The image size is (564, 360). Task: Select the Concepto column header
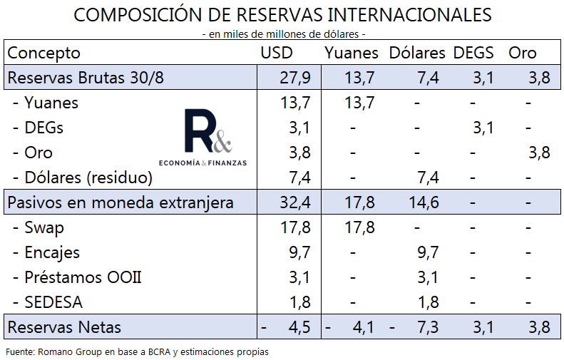click(43, 53)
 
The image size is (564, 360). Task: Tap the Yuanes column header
click(352, 53)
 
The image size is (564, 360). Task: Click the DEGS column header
click(474, 53)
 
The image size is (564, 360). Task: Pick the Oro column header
click(523, 53)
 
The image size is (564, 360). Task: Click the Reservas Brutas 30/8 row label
click(85, 78)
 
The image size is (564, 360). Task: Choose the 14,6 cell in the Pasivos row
click(424, 202)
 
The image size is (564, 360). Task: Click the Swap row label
click(43, 227)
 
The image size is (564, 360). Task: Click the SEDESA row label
click(53, 302)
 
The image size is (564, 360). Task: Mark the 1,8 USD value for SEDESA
click(299, 302)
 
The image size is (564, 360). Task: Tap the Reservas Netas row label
click(64, 327)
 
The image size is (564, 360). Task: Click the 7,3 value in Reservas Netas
click(428, 327)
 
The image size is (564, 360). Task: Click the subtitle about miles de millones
click(283, 34)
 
